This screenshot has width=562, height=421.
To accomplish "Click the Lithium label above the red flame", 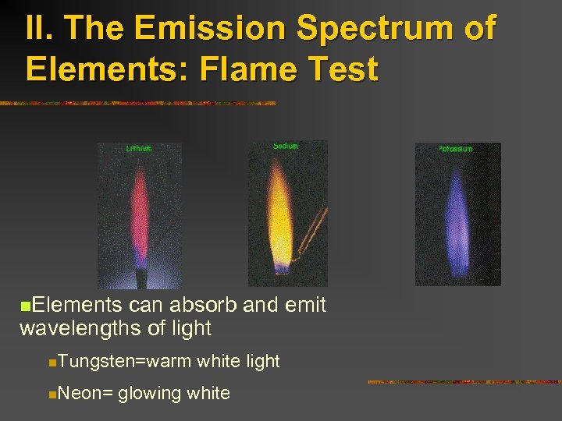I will click(139, 148).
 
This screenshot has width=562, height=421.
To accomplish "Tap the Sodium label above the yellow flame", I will click(286, 146).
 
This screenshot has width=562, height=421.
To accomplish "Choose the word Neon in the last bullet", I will click(81, 393).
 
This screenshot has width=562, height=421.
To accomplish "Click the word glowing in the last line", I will click(150, 393).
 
